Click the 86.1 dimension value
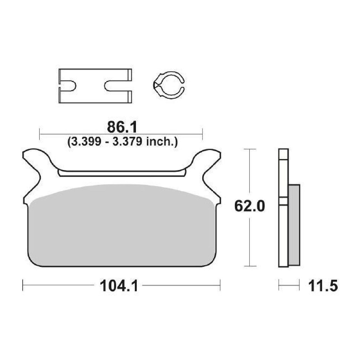pyautogui.click(x=122, y=128)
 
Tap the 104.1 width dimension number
pyautogui.click(x=119, y=286)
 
